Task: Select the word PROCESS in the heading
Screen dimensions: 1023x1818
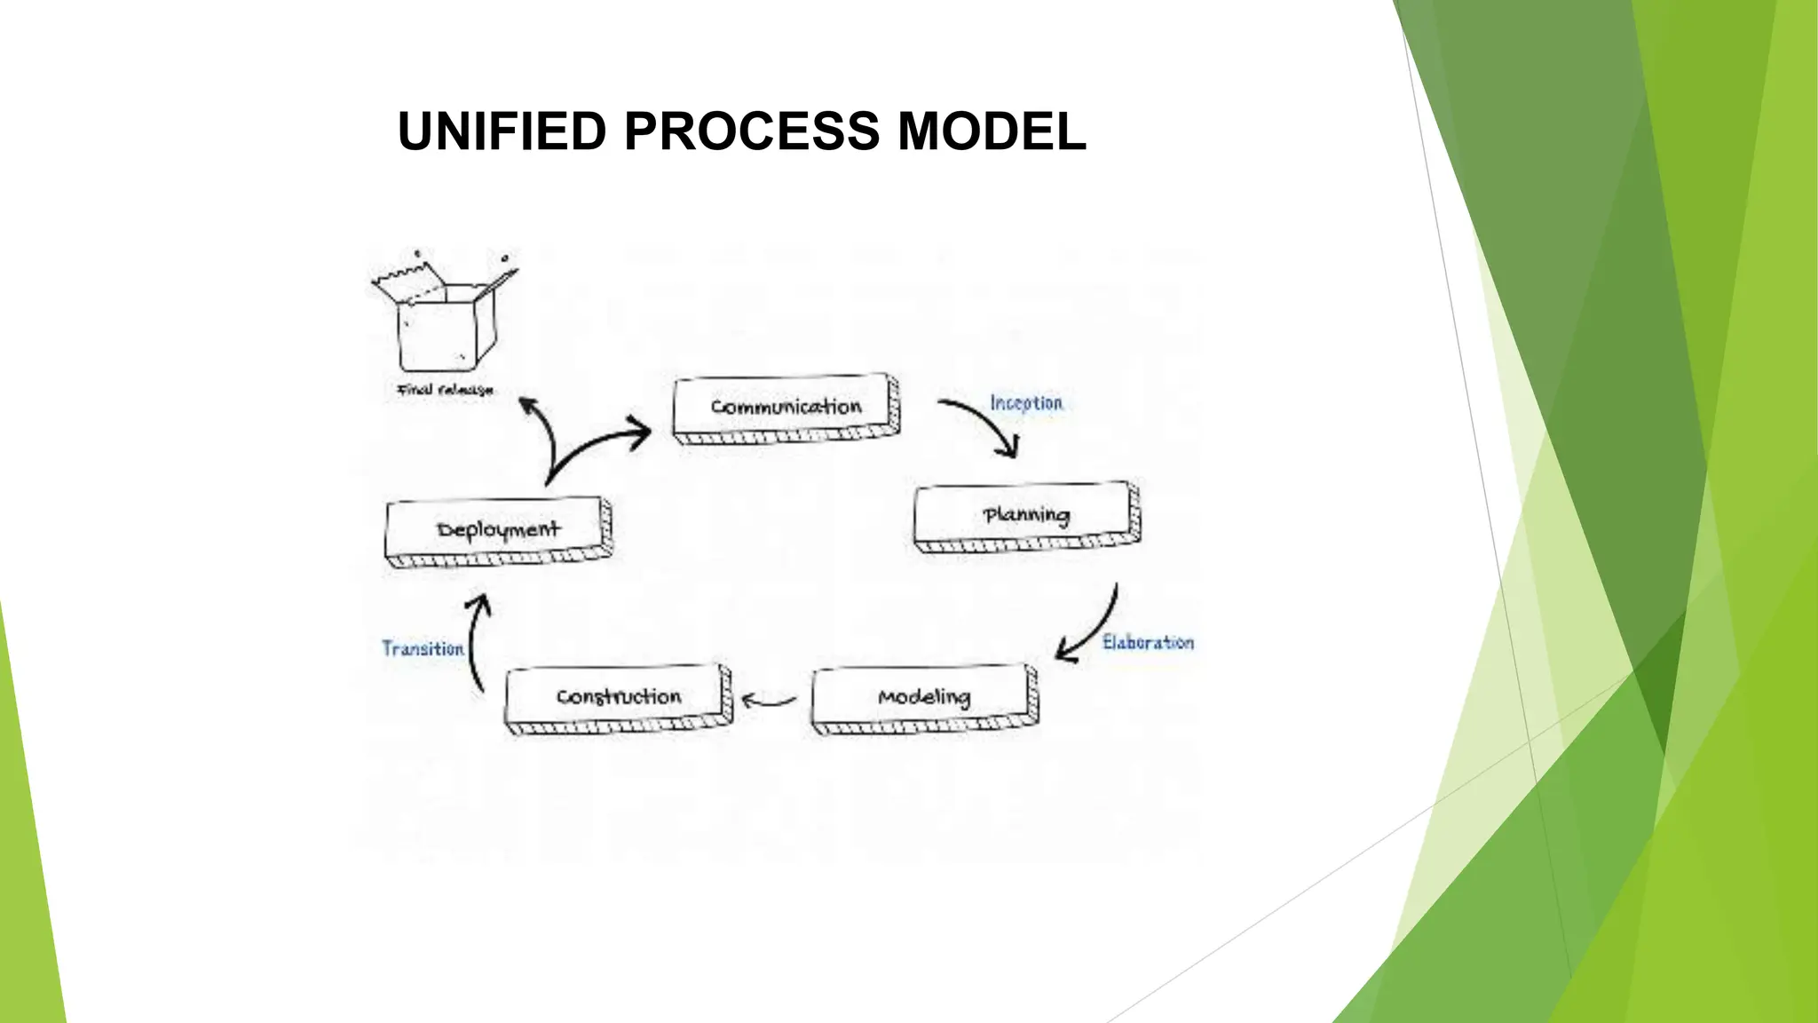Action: tap(752, 131)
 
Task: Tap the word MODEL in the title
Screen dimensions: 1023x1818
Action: tap(992, 131)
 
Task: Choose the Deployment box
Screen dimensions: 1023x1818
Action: tap(498, 530)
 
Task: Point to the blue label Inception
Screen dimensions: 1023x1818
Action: tap(1026, 403)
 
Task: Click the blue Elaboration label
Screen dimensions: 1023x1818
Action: tap(1148, 642)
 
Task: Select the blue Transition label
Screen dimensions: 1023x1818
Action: tap(423, 649)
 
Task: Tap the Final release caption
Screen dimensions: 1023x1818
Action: tap(445, 390)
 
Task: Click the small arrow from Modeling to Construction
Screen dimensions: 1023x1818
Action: tap(769, 702)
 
